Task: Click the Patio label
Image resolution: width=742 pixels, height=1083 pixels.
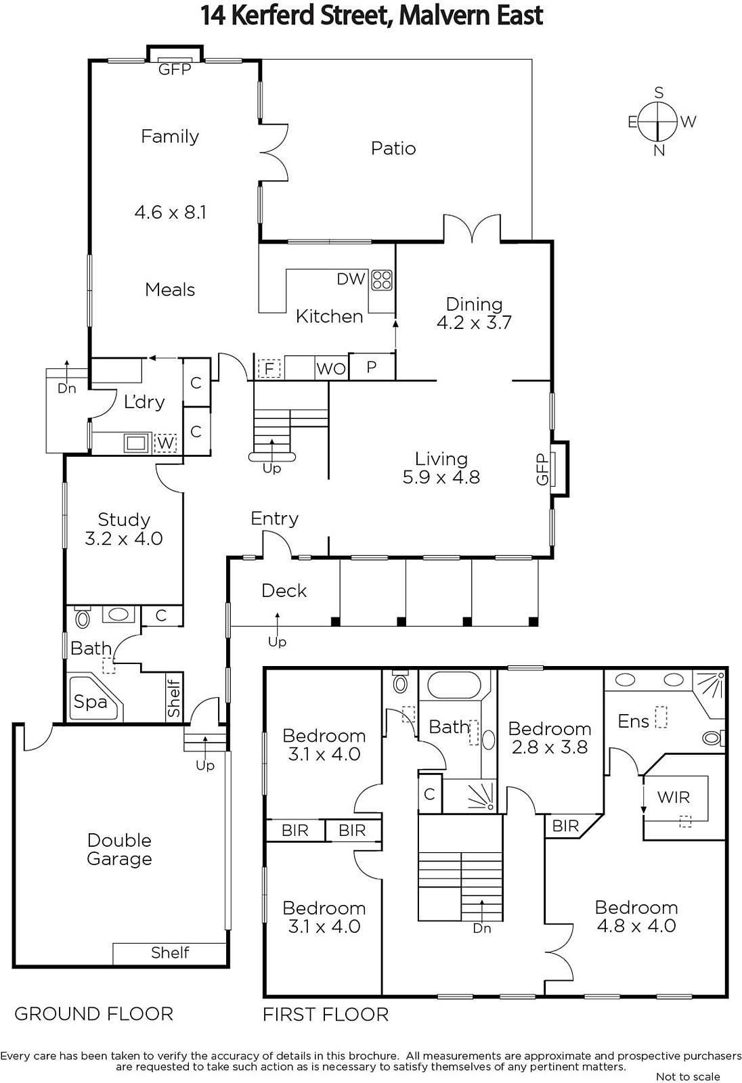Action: click(393, 148)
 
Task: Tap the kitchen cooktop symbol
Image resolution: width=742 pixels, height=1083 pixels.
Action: click(382, 280)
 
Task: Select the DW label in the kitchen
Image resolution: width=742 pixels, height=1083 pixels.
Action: click(351, 279)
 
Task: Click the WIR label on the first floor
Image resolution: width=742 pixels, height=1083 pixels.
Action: click(674, 797)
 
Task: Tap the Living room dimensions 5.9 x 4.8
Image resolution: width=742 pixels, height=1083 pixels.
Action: click(441, 478)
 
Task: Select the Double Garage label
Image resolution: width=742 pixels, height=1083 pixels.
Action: click(119, 849)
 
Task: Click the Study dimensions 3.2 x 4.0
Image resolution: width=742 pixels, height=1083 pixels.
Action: click(124, 539)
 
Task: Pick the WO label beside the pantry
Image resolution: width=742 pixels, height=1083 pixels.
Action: click(331, 370)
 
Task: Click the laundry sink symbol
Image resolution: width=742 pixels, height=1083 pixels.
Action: click(137, 443)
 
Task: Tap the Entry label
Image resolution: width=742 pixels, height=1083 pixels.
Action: click(274, 518)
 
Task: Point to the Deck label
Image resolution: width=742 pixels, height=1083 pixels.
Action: click(284, 591)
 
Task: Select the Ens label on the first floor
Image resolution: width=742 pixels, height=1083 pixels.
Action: click(633, 722)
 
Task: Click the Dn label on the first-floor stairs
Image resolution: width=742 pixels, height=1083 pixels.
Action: click(482, 929)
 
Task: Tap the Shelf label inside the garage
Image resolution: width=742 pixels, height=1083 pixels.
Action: click(170, 952)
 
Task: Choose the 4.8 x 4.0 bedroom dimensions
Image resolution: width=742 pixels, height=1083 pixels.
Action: click(636, 926)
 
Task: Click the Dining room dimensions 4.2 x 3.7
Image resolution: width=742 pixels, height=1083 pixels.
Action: click(474, 322)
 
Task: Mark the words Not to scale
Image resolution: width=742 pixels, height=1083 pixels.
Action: click(688, 1077)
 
